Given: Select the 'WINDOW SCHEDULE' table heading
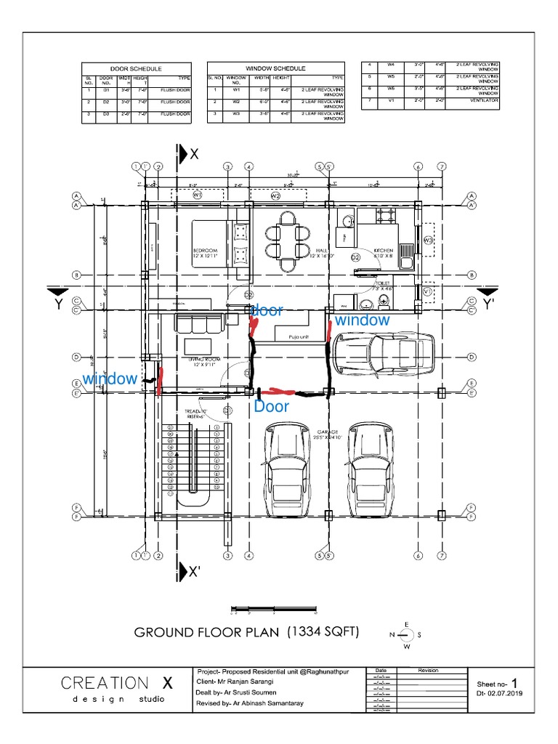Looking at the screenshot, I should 275,68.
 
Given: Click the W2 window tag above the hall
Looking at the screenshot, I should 275,196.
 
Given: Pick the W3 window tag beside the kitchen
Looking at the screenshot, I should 429,240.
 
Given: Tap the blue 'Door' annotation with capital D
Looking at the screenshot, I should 271,408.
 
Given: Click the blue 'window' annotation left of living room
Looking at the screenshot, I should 109,379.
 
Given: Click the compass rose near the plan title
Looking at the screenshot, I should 407,635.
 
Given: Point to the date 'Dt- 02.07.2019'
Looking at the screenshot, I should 501,695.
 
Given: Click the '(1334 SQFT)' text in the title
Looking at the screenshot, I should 323,631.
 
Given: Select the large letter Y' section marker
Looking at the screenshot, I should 490,304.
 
